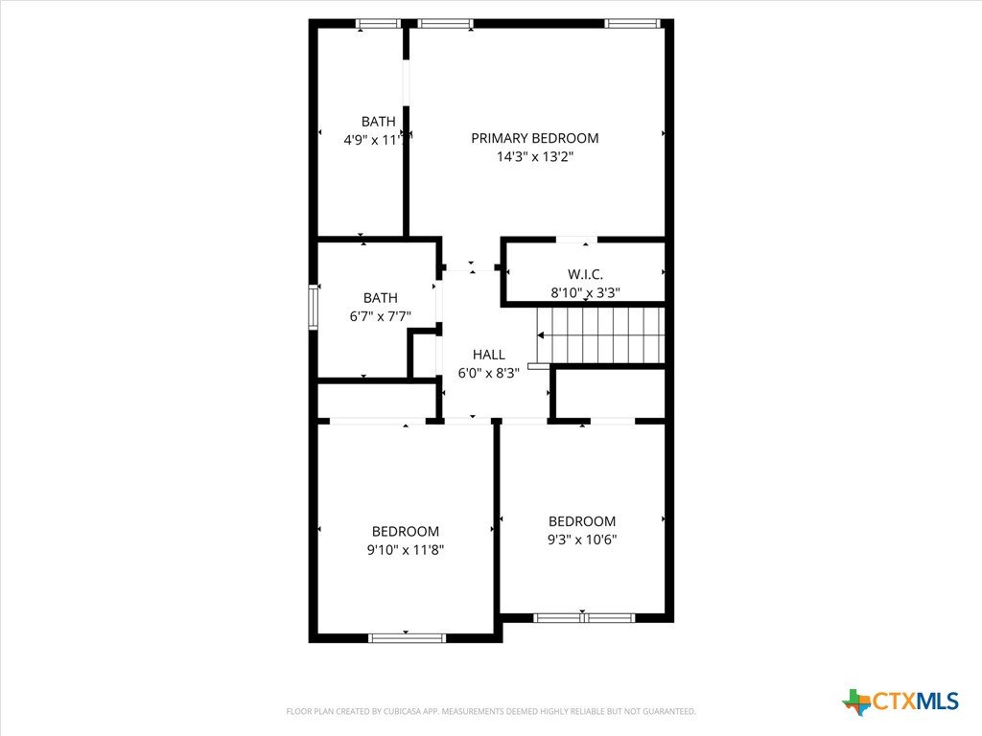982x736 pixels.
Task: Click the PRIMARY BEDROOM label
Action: click(x=535, y=138)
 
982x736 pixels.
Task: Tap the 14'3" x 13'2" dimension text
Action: click(x=535, y=156)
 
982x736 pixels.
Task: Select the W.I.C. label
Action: click(x=586, y=274)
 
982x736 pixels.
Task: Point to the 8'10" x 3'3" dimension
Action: click(x=586, y=292)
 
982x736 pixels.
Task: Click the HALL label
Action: click(x=489, y=355)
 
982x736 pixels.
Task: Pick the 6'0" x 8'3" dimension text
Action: click(x=489, y=373)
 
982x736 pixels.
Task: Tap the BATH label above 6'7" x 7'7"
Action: click(x=381, y=298)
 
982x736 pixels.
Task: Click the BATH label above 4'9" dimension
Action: click(x=378, y=122)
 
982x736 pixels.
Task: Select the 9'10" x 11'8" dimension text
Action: click(x=406, y=550)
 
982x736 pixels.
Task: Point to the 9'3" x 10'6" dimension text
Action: click(x=582, y=540)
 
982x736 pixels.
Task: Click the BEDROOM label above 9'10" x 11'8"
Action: click(x=406, y=531)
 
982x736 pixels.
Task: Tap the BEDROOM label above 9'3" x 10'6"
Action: click(x=582, y=521)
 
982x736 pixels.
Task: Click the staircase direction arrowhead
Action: click(x=541, y=335)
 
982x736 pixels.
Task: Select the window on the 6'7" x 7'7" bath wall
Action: click(x=314, y=308)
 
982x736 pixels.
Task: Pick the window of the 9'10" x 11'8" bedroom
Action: click(x=407, y=638)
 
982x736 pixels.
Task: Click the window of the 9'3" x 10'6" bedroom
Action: click(x=584, y=618)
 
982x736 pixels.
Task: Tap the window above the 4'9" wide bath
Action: click(x=378, y=24)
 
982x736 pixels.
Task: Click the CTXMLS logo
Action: click(x=900, y=701)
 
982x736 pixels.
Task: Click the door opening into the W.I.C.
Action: click(x=576, y=239)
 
